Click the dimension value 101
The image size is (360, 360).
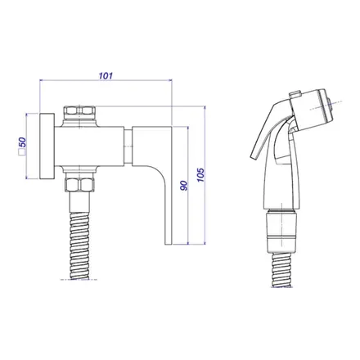(x=106, y=75)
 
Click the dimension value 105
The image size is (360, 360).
(x=200, y=175)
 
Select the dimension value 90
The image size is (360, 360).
(x=184, y=186)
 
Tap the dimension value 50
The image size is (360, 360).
(x=22, y=142)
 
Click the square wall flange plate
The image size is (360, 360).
(x=47, y=146)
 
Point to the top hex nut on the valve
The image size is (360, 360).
(x=79, y=111)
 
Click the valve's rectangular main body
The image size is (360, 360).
(x=89, y=146)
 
